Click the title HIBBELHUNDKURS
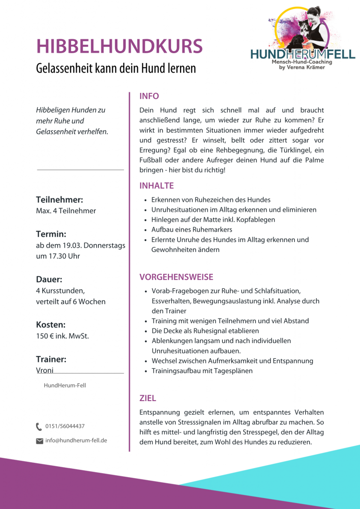pos(119,46)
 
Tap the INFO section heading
pos(149,96)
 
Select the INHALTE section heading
pos(157,186)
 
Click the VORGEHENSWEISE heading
pos(176,277)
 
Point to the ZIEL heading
pos(148,398)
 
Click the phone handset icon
pos(39,426)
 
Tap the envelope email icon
pos(40,440)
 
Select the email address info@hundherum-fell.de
pos(76,440)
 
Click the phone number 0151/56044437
pos(65,426)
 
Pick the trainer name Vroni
pos(45,370)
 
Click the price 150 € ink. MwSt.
pos(63,336)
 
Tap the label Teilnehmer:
pos(59,200)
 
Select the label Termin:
pos(51,234)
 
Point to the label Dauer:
pos(49,279)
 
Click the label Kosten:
pos(51,325)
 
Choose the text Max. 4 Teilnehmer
pos(66,211)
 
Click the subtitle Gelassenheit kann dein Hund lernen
pos(116,68)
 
